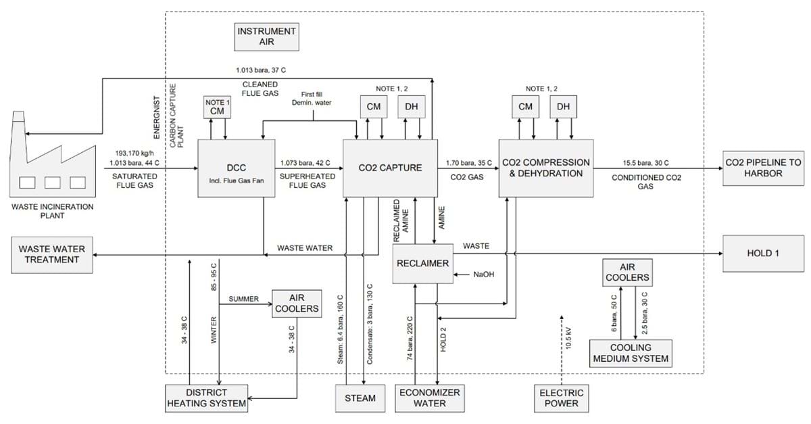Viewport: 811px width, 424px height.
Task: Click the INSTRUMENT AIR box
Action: [x=266, y=37]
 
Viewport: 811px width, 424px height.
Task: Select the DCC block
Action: [x=235, y=168]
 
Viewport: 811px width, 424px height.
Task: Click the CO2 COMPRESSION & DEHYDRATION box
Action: [x=545, y=168]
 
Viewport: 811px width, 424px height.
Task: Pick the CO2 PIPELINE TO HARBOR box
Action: [x=763, y=168]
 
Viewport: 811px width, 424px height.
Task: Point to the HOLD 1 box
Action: [x=763, y=253]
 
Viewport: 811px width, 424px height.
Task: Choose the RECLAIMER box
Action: [x=422, y=262]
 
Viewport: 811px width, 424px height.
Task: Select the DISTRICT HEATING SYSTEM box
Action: [x=206, y=398]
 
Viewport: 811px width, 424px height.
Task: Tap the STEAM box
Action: [x=360, y=398]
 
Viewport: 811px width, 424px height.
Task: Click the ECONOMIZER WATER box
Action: [x=429, y=398]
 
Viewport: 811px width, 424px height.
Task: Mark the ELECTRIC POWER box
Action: [x=562, y=398]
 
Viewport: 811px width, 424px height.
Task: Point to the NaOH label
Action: [x=482, y=274]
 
